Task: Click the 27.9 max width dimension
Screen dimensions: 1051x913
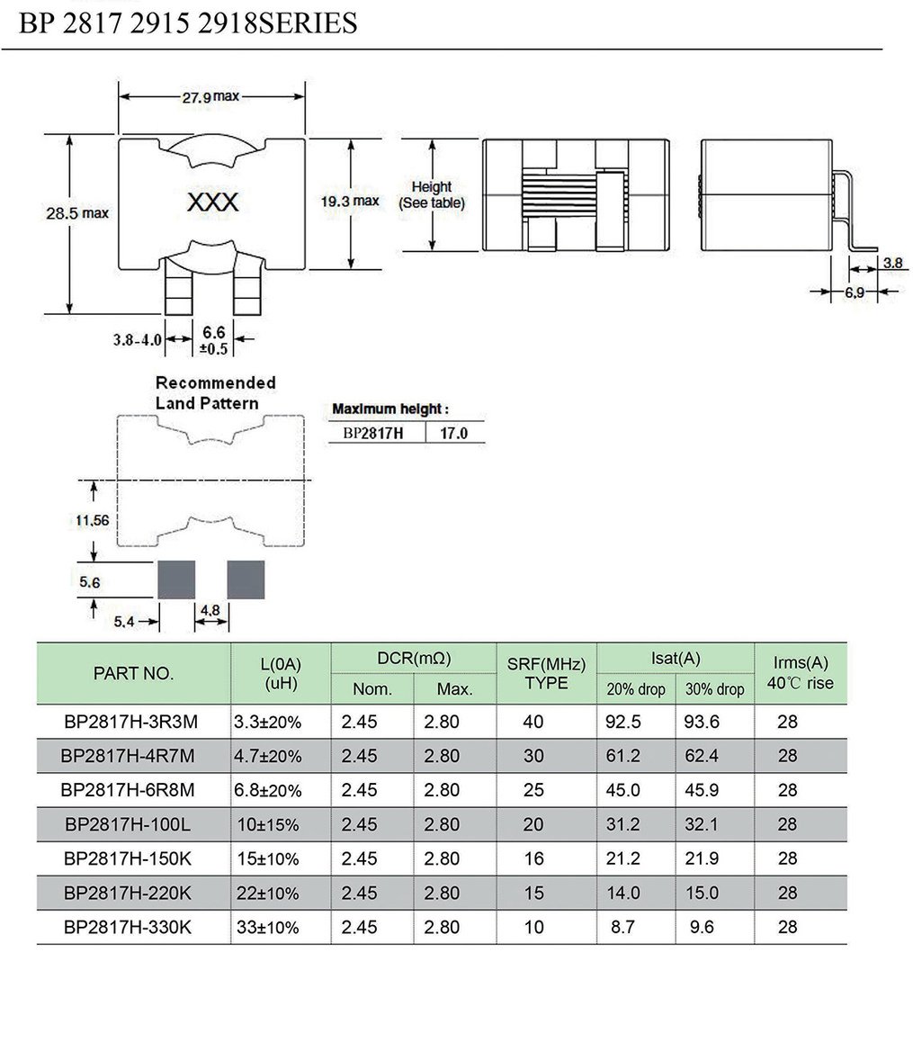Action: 211,96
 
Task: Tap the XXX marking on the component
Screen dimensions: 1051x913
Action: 212,202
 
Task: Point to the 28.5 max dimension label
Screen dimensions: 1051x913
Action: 77,213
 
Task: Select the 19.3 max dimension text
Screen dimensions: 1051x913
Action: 350,201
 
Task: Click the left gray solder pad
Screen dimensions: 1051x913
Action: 176,579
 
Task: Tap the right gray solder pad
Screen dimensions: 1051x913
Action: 246,579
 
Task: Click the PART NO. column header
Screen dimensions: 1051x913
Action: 134,673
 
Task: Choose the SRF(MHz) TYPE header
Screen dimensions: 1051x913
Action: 546,673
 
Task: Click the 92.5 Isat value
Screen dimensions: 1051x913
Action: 624,722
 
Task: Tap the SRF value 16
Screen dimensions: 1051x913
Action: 533,858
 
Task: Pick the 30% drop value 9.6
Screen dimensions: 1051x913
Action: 702,927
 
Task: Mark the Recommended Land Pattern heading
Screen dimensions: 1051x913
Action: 215,392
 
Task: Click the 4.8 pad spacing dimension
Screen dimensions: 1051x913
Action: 210,610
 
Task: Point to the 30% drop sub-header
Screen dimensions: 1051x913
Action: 714,689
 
